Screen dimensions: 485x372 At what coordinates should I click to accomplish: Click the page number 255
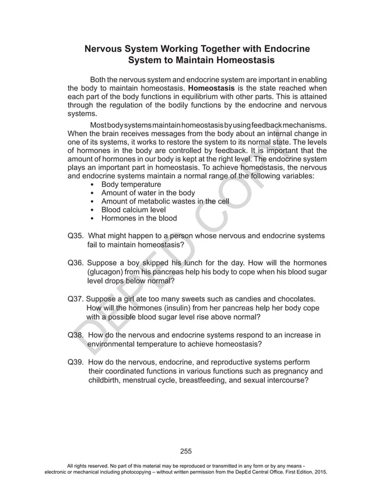coord(186,451)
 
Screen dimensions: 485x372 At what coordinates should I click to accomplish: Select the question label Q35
coord(76,236)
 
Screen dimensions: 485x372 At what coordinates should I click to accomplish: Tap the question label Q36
coord(77,263)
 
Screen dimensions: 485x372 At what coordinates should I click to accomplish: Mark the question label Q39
coord(76,362)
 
